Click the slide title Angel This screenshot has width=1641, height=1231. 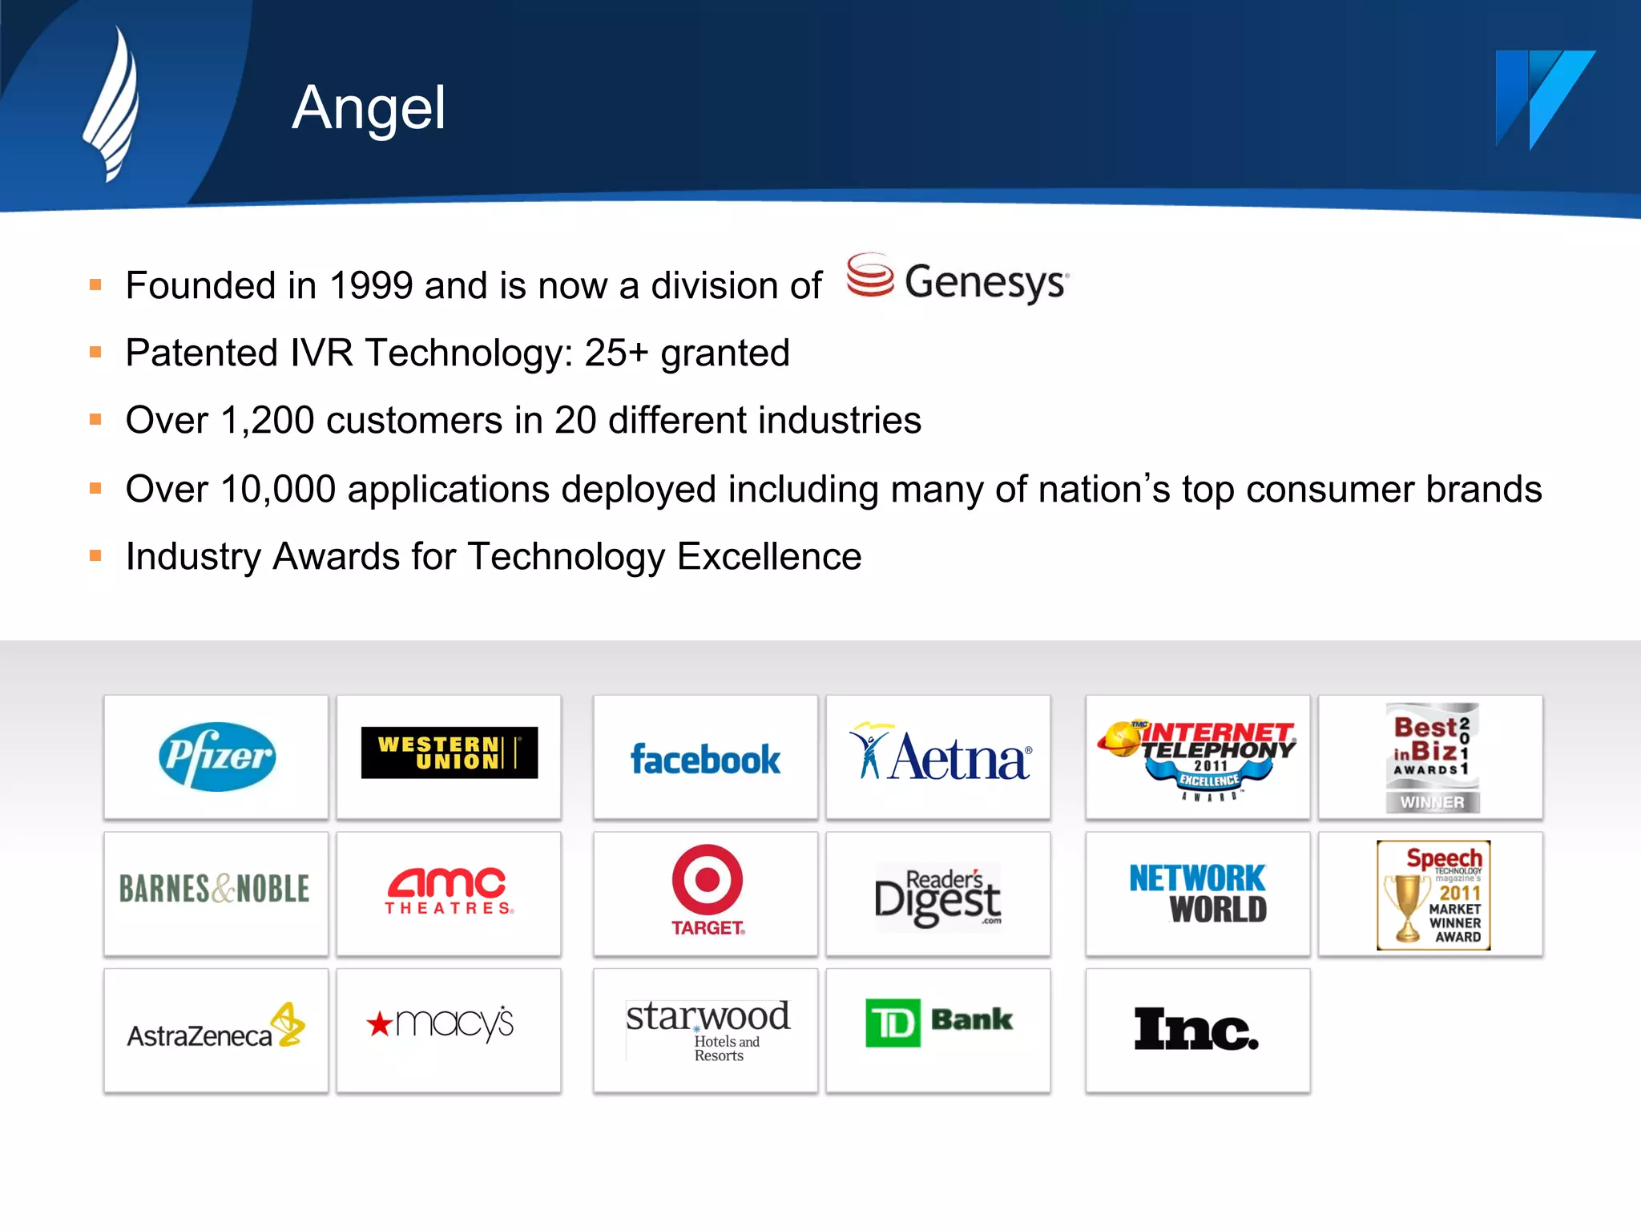369,108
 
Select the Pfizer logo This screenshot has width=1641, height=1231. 216,757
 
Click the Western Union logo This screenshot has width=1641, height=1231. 449,753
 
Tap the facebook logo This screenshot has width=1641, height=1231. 705,760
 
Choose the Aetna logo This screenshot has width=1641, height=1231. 940,755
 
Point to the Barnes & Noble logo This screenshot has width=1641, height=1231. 215,889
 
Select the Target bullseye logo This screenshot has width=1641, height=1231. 707,880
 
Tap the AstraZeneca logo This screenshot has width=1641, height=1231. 215,1028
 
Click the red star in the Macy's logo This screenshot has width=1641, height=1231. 379,1023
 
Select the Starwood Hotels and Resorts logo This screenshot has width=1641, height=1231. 708,1029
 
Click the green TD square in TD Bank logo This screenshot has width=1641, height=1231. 893,1023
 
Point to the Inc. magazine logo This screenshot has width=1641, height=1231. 1196,1029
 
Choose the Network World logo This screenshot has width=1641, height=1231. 1198,893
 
